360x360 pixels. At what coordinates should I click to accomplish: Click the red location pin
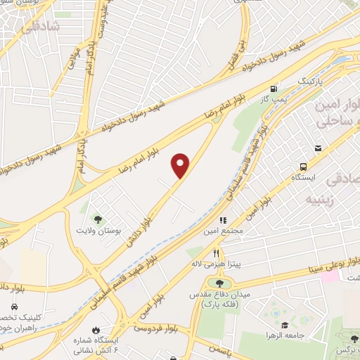[x=181, y=165]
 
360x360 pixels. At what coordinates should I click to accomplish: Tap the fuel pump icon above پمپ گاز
[x=274, y=89]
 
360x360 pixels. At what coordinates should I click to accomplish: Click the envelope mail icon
[x=318, y=148]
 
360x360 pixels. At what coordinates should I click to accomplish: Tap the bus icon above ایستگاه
[x=303, y=167]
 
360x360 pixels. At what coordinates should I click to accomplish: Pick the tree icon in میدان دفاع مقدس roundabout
[x=210, y=283]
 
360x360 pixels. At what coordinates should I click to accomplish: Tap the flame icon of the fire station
[x=94, y=330]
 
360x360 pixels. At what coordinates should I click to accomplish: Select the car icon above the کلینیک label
[x=15, y=307]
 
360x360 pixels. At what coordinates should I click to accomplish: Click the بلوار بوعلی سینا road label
[x=334, y=264]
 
